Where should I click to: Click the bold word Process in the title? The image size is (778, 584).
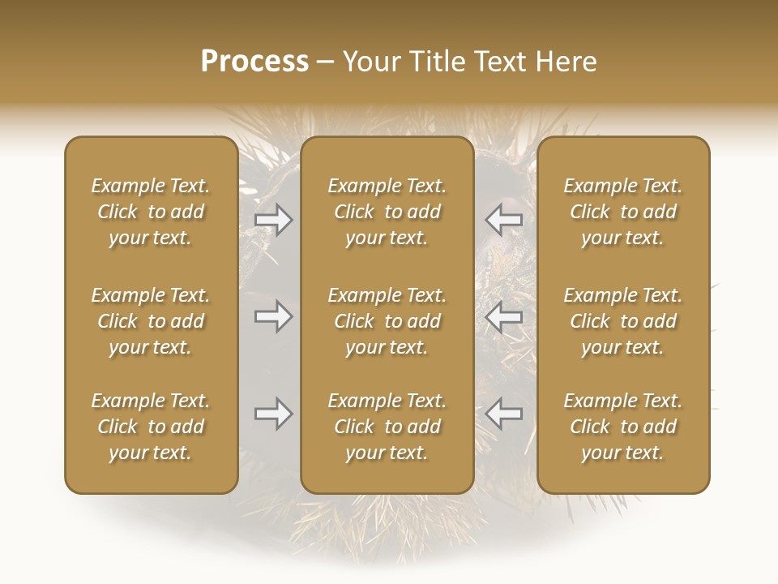coord(254,62)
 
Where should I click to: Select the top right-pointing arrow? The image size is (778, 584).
coord(274,220)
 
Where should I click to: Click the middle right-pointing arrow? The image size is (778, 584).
coord(274,316)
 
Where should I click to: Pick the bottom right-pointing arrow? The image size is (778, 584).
coord(274,414)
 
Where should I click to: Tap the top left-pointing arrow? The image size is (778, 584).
coord(504,220)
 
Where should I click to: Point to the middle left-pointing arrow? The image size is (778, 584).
coord(504,316)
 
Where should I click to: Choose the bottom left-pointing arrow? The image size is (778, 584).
coord(504,414)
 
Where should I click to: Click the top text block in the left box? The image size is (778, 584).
coord(151,212)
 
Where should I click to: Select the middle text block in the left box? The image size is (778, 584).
coord(151,321)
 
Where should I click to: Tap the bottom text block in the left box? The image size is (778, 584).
coord(151,427)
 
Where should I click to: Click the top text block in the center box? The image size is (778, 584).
coord(387,212)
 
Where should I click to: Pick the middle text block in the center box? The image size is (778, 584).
coord(387,321)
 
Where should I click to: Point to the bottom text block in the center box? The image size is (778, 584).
coord(387,427)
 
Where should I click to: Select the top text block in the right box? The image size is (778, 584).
coord(622,212)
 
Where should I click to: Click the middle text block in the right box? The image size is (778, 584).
coord(622,321)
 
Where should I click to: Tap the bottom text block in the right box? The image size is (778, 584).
coord(622,427)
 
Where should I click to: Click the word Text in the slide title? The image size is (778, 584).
coord(498,62)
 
